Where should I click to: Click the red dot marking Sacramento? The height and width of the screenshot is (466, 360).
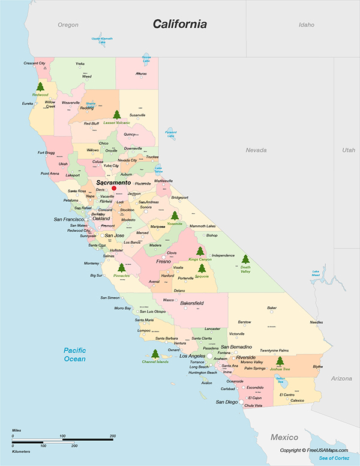coord(114,188)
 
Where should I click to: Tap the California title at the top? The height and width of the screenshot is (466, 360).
coord(179,25)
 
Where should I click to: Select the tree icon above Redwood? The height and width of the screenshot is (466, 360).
coord(40,86)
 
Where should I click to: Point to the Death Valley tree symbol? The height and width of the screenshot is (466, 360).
coord(245,259)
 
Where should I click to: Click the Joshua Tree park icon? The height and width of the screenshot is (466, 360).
coord(279,361)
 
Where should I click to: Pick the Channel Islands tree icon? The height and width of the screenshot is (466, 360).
coord(155,354)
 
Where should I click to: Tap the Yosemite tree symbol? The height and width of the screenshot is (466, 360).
coord(175,215)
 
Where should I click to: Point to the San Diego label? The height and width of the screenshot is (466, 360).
coord(227,402)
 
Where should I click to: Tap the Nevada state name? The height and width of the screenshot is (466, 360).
coord(256,150)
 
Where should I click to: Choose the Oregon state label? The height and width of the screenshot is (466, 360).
coord(68,25)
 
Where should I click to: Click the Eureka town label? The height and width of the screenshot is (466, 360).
coord(28,103)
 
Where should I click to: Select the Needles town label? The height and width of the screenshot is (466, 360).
coord(316,322)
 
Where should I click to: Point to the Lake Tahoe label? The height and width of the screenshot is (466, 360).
coord(158,170)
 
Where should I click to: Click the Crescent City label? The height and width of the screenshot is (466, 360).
coord(34,63)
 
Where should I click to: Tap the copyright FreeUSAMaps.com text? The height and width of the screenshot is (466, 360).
coord(314,450)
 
